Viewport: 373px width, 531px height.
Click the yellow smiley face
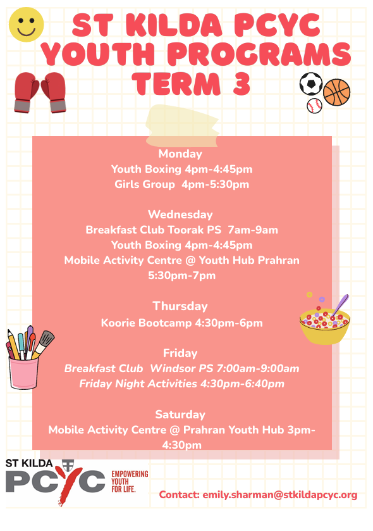[x=27, y=25]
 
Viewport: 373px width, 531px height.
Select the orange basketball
[x=336, y=92]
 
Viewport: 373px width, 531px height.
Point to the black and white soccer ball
[x=311, y=84]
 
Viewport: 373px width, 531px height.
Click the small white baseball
[x=314, y=106]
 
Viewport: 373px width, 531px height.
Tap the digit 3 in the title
[x=242, y=84]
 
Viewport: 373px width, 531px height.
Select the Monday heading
[x=180, y=154]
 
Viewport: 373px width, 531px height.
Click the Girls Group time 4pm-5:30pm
[x=215, y=185]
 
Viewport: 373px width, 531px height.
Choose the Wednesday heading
[x=180, y=215]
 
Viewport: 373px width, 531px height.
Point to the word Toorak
[x=186, y=230]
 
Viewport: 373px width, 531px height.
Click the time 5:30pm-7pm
[x=181, y=276]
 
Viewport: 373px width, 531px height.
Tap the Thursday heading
[x=180, y=306]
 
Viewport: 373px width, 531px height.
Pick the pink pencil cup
[x=23, y=373]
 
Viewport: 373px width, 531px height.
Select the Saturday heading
[x=180, y=415]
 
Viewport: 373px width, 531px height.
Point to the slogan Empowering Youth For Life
[x=130, y=482]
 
